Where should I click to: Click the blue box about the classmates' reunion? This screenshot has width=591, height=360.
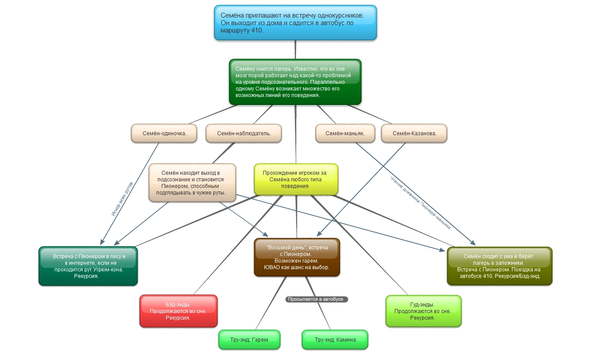click(295, 22)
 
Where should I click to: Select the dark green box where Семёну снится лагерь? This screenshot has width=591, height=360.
click(295, 82)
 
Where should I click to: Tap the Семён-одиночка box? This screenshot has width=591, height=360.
click(164, 133)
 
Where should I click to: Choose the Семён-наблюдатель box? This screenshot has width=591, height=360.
click(244, 133)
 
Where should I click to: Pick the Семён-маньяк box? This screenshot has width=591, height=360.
click(345, 133)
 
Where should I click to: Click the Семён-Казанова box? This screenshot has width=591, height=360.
click(414, 133)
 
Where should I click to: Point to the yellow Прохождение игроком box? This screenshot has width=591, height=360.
click(296, 179)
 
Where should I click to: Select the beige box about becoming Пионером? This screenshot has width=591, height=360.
click(193, 183)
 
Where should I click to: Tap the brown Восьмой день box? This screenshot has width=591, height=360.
click(297, 257)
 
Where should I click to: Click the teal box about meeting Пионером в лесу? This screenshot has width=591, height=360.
click(89, 266)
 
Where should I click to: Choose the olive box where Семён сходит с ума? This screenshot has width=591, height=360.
click(499, 266)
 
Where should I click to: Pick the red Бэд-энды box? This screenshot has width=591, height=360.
click(178, 311)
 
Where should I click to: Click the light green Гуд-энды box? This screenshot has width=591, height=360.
click(423, 311)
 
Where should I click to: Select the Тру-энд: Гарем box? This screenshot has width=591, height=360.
click(249, 340)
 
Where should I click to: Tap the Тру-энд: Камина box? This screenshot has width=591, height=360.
click(335, 340)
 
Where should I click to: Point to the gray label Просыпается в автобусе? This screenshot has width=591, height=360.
click(316, 299)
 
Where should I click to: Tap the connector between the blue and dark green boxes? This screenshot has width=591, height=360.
click(296, 50)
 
